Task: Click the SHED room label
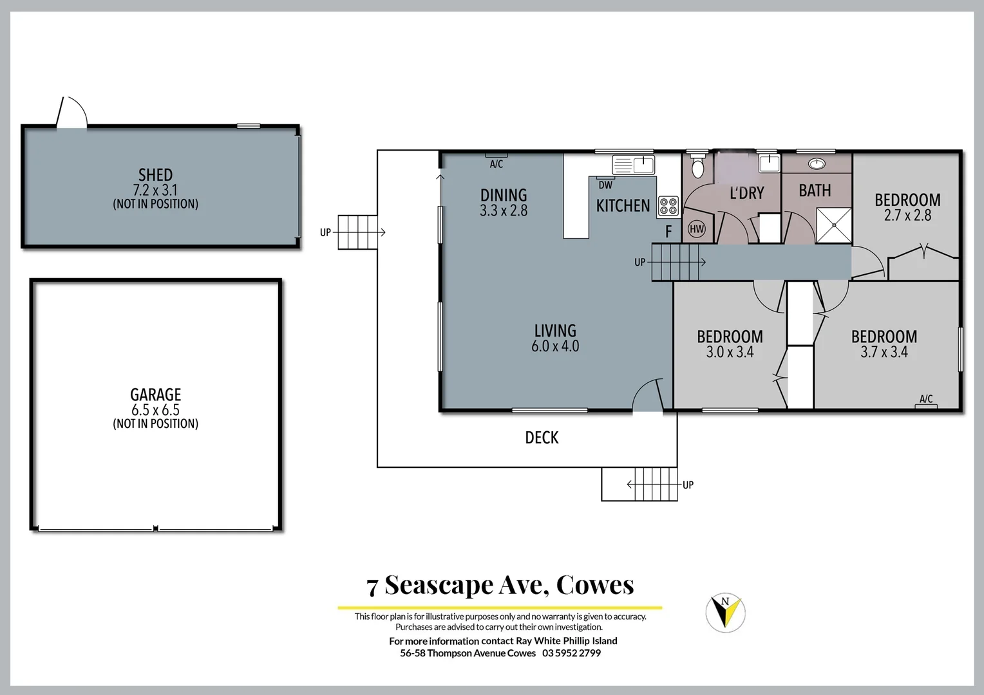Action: coord(155,175)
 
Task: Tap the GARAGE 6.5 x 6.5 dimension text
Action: coord(155,410)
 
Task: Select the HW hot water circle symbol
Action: coord(697,228)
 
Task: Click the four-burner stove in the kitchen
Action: coord(669,206)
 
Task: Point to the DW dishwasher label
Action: coord(605,185)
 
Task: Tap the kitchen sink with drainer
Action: coord(633,165)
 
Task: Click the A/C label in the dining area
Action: coord(496,164)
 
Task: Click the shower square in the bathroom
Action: coord(834,225)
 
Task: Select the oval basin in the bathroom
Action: coord(817,163)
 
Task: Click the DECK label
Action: coord(542,438)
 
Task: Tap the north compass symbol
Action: coord(726,612)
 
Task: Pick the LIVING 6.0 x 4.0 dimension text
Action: coord(555,346)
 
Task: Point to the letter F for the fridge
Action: coord(668,232)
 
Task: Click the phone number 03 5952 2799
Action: coord(571,653)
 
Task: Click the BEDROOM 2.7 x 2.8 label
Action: coord(907,207)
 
